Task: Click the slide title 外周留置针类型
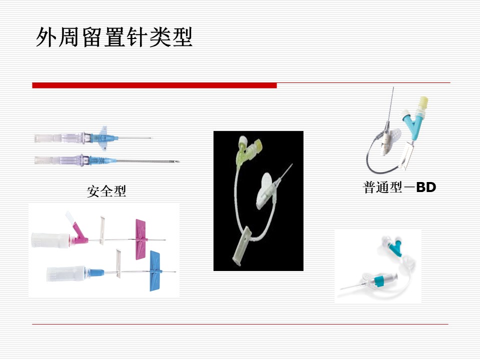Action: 114,37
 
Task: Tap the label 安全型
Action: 106,191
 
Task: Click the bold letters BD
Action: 426,187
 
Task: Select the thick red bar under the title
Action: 154,85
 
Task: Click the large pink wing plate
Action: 141,239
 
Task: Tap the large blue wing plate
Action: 155,271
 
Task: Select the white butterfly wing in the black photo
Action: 264,190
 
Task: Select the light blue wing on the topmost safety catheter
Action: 104,138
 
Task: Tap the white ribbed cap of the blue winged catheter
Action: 66,273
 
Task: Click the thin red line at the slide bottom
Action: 240,324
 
